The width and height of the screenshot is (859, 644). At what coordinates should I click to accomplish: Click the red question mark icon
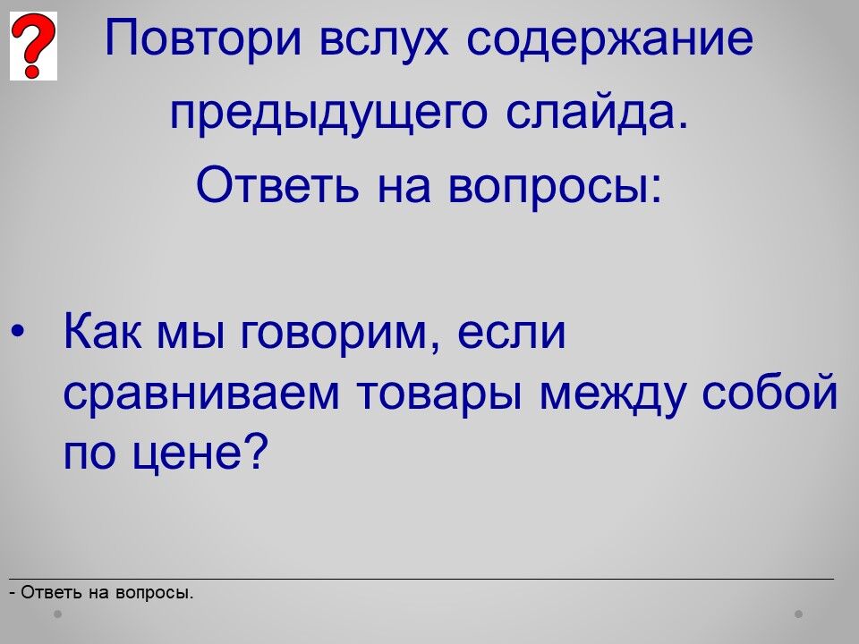point(33,46)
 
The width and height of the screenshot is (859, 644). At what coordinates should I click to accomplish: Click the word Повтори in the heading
point(203,38)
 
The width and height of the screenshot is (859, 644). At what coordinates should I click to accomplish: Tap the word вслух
point(384,40)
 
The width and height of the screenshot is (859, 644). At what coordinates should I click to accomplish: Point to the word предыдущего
point(328,113)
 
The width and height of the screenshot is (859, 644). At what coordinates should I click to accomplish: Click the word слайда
point(597,113)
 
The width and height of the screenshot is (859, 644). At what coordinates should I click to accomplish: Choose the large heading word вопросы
point(555,189)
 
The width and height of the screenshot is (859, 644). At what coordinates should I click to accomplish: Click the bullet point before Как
point(18,332)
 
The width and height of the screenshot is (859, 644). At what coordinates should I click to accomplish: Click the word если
point(511,334)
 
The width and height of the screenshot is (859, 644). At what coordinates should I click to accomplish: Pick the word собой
point(770,390)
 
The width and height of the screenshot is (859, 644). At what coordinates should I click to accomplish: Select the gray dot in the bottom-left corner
point(57,614)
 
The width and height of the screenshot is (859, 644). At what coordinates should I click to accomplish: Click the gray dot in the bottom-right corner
point(799,614)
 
